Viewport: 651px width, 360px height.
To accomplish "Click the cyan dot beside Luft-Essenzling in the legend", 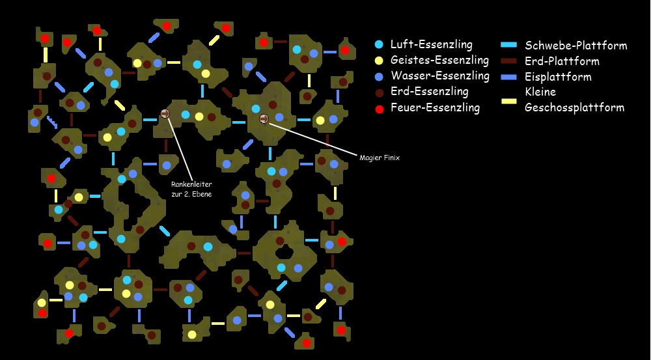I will (379, 45).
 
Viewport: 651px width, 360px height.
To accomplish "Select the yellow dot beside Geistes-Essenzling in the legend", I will (379, 61).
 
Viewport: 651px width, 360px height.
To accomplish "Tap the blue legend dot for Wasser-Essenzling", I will (379, 76).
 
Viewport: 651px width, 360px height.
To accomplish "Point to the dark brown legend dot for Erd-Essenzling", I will (379, 92).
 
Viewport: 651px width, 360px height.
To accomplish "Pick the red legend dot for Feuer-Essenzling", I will (379, 107).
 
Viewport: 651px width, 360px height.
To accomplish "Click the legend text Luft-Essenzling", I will (432, 45).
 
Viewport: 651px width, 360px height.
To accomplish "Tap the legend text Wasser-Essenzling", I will (439, 76).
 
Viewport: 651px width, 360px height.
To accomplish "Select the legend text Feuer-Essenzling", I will (435, 107).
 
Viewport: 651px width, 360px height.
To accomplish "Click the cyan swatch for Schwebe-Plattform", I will (509, 46).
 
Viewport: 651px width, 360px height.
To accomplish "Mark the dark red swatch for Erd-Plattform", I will (509, 61).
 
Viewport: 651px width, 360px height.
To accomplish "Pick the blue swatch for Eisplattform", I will (509, 77).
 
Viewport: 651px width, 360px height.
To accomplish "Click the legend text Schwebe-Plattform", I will (575, 46).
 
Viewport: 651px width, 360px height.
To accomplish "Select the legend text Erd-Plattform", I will (562, 61).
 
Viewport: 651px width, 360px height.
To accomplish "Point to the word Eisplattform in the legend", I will (558, 77).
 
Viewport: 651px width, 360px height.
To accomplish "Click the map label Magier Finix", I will (379, 157).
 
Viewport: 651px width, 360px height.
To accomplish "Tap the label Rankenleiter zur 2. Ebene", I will (191, 189).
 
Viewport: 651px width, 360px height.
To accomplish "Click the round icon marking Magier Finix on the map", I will (264, 118).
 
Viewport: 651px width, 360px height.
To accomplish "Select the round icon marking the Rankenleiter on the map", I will (165, 114).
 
